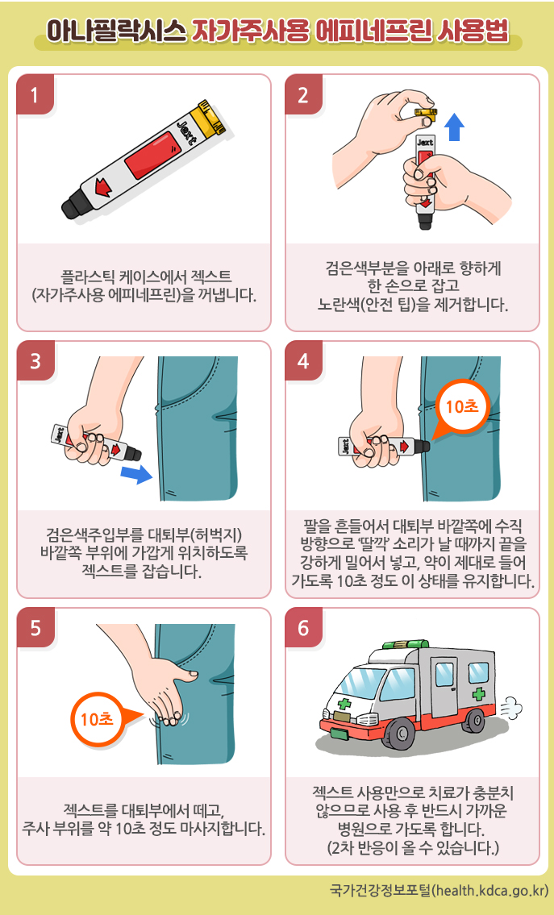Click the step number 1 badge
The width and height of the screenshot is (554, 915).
point(35,95)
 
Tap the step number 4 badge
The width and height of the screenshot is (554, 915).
point(304,362)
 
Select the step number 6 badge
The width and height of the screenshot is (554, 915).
point(304,629)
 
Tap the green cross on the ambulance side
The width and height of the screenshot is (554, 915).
point(479,694)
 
